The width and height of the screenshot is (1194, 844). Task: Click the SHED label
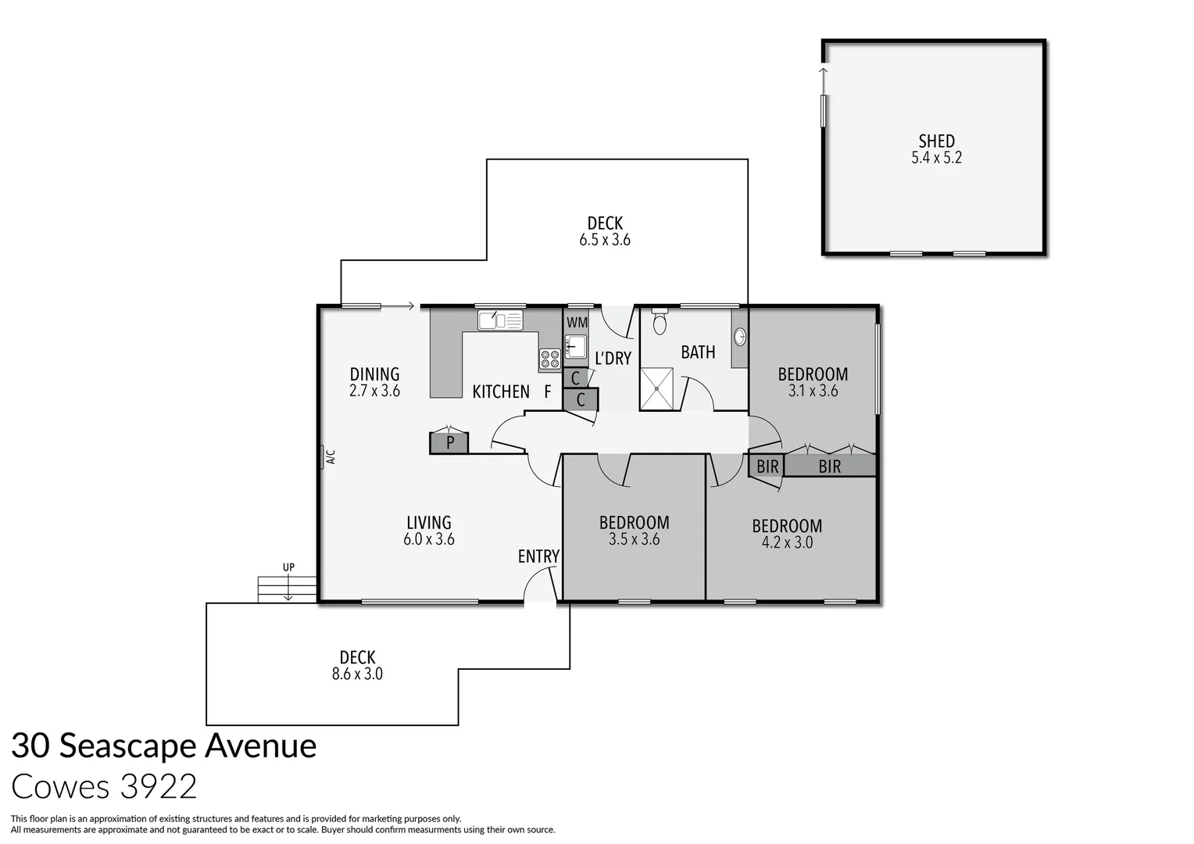[x=936, y=141]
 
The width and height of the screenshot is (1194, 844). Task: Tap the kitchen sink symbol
[x=500, y=320]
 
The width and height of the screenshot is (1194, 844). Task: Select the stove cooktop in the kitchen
[x=549, y=359]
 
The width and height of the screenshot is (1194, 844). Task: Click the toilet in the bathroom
[x=660, y=323]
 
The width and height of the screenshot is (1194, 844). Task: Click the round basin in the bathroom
[x=739, y=337]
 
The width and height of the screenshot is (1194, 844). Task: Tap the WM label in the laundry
[x=577, y=323]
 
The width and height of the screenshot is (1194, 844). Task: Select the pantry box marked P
[x=449, y=443]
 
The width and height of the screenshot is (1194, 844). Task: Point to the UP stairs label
[x=288, y=567]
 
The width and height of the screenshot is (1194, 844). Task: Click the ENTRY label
[x=538, y=556]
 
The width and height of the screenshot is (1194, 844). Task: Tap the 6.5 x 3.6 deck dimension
[x=604, y=241]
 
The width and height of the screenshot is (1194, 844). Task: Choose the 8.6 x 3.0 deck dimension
[x=357, y=674]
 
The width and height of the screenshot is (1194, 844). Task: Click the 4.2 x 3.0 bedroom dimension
[x=787, y=542]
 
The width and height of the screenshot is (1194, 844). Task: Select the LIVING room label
[x=429, y=522]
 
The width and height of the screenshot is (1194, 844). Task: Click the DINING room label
[x=374, y=374]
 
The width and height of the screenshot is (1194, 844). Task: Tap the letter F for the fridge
[x=548, y=392]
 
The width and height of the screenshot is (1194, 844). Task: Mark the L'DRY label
[x=613, y=359]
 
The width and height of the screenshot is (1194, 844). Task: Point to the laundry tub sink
[x=576, y=346]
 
